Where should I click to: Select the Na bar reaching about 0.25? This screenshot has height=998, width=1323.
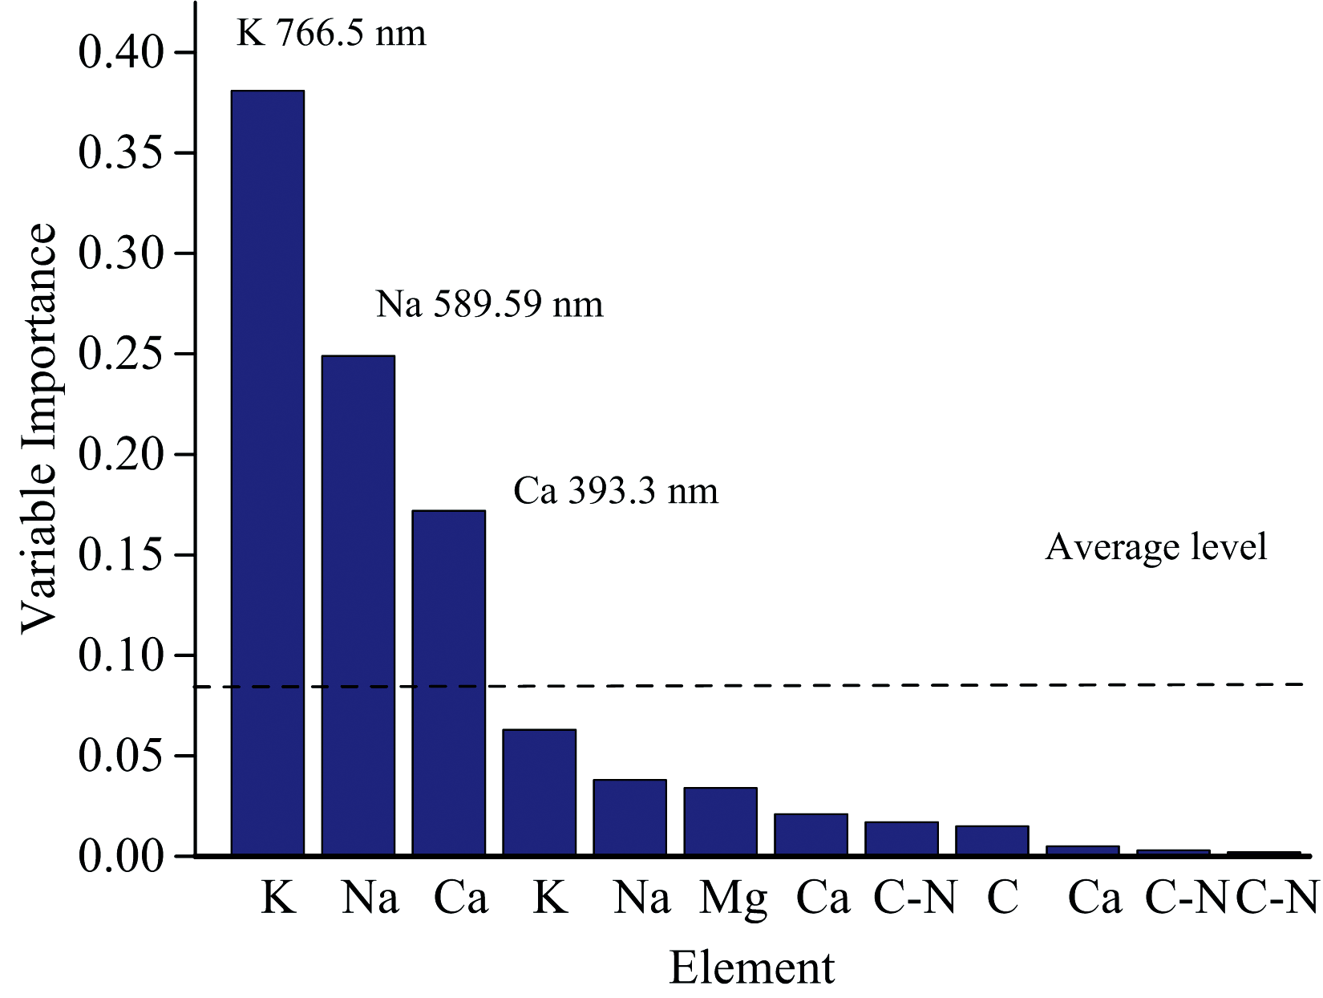(x=358, y=605)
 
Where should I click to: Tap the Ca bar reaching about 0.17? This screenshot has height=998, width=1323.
(x=448, y=682)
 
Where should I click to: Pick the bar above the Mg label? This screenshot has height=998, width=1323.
(x=720, y=822)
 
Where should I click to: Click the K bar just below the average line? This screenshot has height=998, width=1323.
(x=539, y=792)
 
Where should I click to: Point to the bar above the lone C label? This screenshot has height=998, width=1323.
(x=992, y=840)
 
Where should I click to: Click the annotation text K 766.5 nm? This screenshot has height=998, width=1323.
(x=331, y=34)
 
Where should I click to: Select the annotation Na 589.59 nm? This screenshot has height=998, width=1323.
(x=489, y=305)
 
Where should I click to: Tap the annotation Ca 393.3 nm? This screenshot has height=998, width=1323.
(x=616, y=491)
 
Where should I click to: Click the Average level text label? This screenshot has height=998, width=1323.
(x=1156, y=547)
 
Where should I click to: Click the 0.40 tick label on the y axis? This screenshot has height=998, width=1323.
(x=121, y=53)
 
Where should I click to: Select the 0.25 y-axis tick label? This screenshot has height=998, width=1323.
(x=121, y=354)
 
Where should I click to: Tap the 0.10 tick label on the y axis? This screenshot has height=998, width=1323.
(x=121, y=655)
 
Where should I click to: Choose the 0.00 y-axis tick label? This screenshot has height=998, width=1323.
(x=121, y=856)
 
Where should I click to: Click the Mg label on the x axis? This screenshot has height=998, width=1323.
(x=733, y=899)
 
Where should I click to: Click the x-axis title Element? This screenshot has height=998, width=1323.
(x=751, y=968)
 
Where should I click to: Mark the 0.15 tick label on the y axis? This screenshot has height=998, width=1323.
(x=121, y=555)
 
